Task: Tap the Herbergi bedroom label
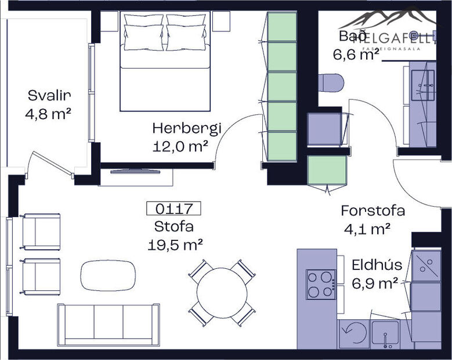(x=179, y=128)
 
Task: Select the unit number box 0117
(x=174, y=208)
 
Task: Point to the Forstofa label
(x=373, y=210)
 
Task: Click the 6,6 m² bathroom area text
(x=356, y=55)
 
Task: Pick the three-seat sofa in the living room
(x=109, y=325)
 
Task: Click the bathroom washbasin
(x=423, y=85)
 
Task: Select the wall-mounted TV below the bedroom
(x=138, y=171)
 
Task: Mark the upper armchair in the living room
(x=41, y=231)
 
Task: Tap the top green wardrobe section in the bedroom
(x=281, y=27)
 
